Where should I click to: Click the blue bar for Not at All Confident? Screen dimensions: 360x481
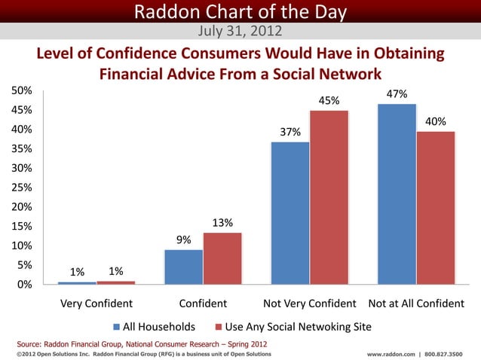397,194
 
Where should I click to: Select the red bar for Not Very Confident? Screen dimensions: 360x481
329,197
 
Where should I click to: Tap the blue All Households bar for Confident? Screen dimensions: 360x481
183,267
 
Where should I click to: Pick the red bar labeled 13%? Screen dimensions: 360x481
222,258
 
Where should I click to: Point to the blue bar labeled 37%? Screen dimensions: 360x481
290,212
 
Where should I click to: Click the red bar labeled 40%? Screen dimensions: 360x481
436,207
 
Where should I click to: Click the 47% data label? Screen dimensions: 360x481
397,95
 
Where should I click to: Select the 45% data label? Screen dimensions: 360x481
329,101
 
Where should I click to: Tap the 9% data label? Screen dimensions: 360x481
183,240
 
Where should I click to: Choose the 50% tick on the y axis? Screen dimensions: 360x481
21,90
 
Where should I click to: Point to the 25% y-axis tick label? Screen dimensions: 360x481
21,188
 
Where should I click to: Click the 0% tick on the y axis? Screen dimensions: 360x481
24,285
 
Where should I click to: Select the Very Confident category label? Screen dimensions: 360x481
97,304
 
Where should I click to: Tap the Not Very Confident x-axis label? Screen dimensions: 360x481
309,304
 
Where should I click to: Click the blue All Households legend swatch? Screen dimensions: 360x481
117,328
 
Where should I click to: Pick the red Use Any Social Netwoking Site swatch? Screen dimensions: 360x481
219,328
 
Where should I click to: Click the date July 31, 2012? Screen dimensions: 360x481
240,31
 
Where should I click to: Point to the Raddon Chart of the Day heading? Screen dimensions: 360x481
240,11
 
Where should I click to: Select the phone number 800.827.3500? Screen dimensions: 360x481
444,353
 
